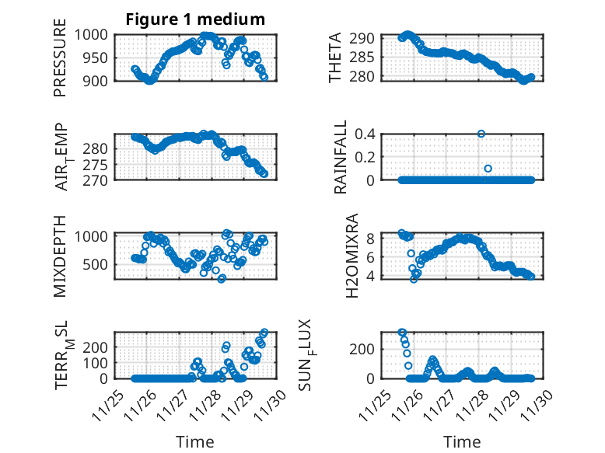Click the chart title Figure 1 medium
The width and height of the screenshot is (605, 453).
pyautogui.click(x=195, y=19)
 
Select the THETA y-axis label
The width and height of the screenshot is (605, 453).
pyautogui.click(x=335, y=58)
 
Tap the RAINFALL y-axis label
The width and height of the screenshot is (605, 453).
pyautogui.click(x=340, y=158)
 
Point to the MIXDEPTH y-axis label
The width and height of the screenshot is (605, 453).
pyautogui.click(x=60, y=256)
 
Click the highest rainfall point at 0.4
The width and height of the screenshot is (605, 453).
pyautogui.click(x=481, y=134)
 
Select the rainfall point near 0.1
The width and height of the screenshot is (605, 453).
pyautogui.click(x=488, y=169)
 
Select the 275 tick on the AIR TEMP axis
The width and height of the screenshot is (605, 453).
pyautogui.click(x=100, y=164)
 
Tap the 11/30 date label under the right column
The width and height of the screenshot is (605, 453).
pyautogui.click(x=537, y=405)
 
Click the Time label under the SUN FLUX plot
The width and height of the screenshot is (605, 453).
pyautogui.click(x=462, y=441)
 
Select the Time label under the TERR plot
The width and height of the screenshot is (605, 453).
pyautogui.click(x=195, y=441)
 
